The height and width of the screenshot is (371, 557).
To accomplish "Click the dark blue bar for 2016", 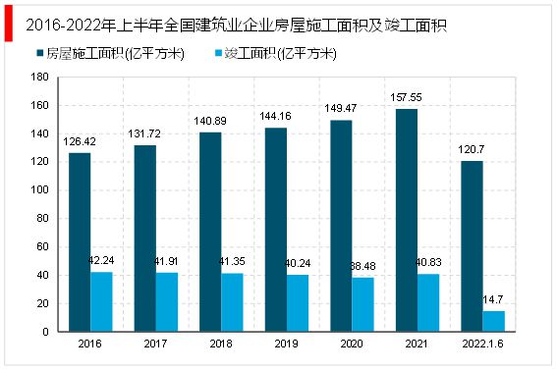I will [80, 242].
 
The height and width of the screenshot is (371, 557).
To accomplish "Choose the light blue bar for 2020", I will [362, 304].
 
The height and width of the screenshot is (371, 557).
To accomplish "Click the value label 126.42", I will [81, 142].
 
